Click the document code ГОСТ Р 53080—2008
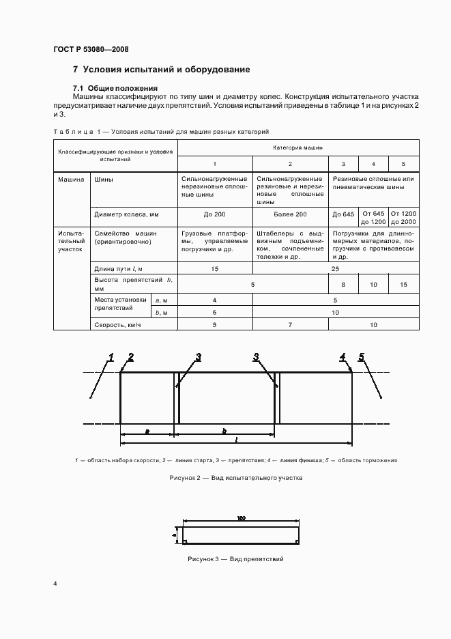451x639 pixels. pyautogui.click(x=91, y=50)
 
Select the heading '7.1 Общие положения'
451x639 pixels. pyautogui.click(x=115, y=88)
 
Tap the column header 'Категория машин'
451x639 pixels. pyautogui.click(x=298, y=147)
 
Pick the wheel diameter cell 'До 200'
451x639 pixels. pyautogui.click(x=215, y=214)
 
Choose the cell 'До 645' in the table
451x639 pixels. pyautogui.click(x=343, y=214)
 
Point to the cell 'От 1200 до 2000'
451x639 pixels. pyautogui.click(x=404, y=218)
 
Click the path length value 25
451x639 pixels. pyautogui.click(x=336, y=269)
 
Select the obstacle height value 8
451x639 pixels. pyautogui.click(x=343, y=284)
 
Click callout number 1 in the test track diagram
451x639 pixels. pyautogui.click(x=110, y=356)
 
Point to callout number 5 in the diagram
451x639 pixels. pyautogui.click(x=362, y=356)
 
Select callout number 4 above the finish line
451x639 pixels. pyautogui.click(x=343, y=356)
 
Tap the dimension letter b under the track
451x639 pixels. pyautogui.click(x=224, y=430)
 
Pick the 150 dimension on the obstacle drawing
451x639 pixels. pyautogui.click(x=241, y=519)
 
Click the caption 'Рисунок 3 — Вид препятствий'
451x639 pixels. pyautogui.click(x=235, y=559)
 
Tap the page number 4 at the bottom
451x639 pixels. pyautogui.click(x=55, y=584)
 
